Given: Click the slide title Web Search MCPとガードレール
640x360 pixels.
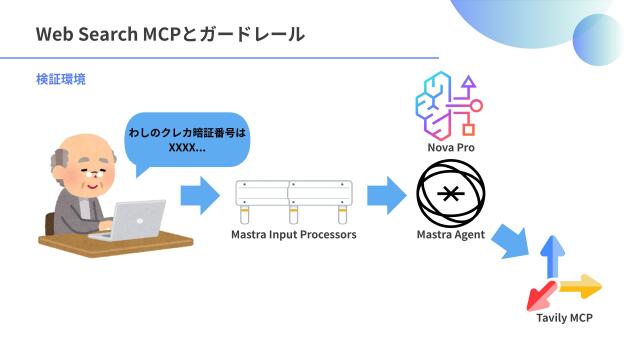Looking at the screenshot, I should pos(170,34).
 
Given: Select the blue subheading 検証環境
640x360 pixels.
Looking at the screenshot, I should pos(60,78).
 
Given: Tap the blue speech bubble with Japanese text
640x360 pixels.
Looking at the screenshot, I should pos(186,139).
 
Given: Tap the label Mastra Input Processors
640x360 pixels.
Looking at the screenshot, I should pos(293,236).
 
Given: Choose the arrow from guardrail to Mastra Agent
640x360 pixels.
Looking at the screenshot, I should pos(384,194).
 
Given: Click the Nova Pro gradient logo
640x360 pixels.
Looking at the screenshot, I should pos(449,105).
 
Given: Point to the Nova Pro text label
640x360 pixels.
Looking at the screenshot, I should pos(450,147).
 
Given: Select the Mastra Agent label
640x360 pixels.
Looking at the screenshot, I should pos(450,236).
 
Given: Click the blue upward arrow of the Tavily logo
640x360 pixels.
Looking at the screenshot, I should pos(548,258).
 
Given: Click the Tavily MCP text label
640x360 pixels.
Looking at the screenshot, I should pos(565,318).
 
